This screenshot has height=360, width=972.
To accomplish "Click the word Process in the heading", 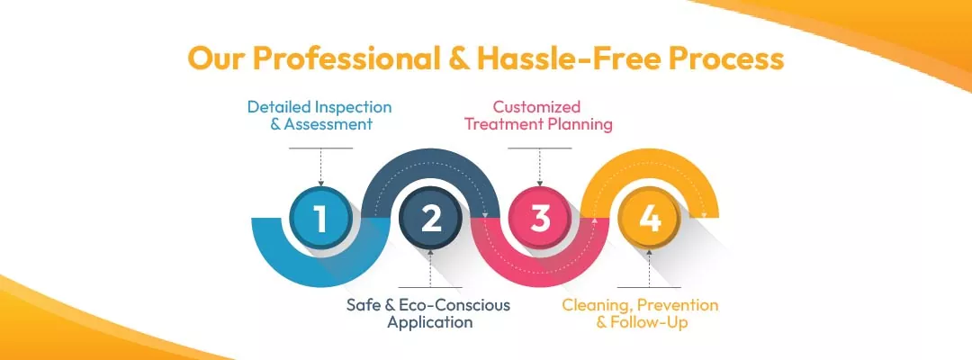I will (x=726, y=58).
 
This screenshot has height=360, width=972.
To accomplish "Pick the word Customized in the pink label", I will (x=536, y=107).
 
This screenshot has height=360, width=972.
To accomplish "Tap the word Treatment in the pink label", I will (x=500, y=124).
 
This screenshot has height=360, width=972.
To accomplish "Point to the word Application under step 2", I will (x=429, y=321).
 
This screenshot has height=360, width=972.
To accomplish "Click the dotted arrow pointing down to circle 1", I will (x=321, y=166).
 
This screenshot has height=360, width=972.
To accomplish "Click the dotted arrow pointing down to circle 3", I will (x=540, y=166).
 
